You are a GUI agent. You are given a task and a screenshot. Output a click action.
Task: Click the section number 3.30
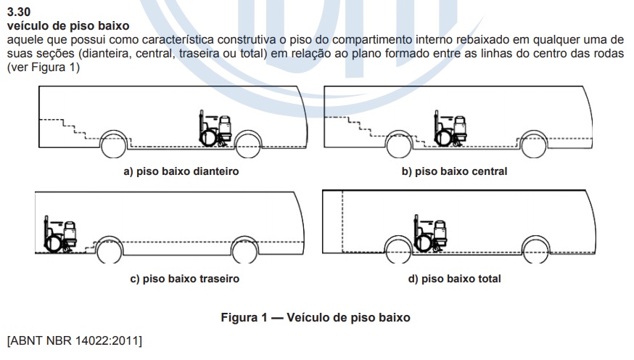19,12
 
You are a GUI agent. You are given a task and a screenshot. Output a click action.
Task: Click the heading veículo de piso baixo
68,26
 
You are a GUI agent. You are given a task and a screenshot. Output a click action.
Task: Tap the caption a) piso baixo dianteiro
181,171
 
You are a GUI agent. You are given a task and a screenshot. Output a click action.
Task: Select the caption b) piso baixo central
454,171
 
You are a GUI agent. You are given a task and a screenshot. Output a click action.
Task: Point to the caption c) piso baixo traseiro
185,279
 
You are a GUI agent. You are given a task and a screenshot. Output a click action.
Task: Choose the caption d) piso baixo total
455,279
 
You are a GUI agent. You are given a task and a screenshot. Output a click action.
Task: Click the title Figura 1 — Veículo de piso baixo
316,317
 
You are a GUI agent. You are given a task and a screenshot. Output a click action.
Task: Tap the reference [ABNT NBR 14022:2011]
75,340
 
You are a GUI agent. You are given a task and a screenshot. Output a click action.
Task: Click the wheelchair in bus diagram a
215,128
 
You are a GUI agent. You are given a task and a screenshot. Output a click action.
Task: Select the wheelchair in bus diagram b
450,128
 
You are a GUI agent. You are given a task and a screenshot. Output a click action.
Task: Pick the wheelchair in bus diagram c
60,234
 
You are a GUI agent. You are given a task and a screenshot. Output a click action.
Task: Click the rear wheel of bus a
113,144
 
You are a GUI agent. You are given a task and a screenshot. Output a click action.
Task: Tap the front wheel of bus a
248,144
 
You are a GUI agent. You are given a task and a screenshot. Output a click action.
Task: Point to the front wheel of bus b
534,144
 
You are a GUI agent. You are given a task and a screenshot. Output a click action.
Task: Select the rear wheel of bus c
109,250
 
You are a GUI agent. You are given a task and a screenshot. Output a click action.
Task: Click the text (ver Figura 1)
44,67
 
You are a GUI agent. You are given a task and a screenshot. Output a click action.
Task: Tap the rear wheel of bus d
398,250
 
